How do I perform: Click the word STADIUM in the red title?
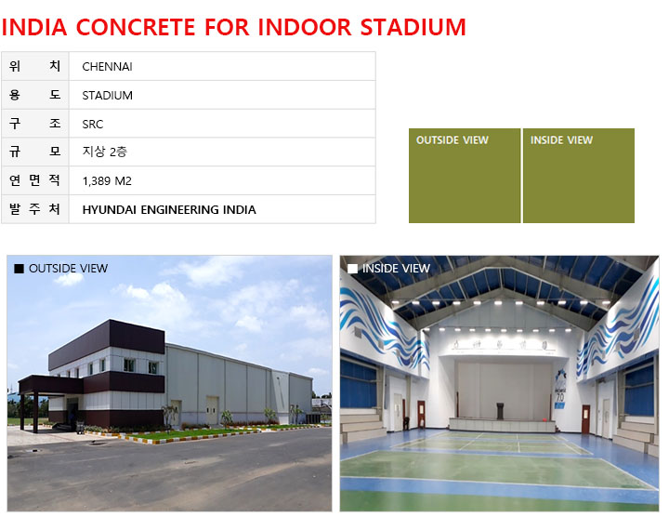(413, 27)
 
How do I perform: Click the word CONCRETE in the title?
(136, 27)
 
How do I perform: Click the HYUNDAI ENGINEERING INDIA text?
(169, 210)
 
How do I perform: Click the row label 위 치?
(35, 66)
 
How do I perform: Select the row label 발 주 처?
(35, 209)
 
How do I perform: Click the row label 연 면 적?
(35, 180)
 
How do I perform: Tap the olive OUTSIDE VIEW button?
(465, 176)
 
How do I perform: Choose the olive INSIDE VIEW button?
(579, 176)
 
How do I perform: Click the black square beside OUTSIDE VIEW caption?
(19, 268)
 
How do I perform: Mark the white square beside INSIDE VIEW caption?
(352, 268)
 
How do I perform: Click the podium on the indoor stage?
(501, 411)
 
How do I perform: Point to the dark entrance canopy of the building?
(51, 385)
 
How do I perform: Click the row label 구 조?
(35, 124)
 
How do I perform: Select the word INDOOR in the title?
(305, 27)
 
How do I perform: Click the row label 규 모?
(35, 152)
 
